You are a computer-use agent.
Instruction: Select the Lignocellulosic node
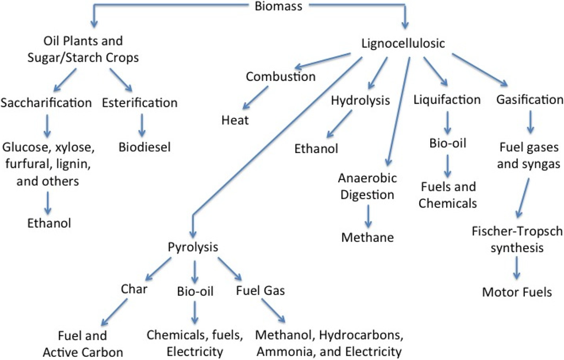403,43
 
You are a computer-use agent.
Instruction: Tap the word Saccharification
46,102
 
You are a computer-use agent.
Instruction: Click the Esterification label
140,102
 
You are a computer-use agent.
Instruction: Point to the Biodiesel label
144,147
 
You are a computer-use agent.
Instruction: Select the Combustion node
281,77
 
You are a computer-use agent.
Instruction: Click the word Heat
235,119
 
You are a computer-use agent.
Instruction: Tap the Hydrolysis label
360,100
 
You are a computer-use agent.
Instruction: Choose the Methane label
367,237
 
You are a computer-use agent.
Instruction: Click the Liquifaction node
447,100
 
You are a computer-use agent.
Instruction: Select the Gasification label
530,100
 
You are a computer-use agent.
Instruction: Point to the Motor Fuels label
517,292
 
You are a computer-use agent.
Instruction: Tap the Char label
134,289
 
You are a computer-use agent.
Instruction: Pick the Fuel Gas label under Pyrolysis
260,290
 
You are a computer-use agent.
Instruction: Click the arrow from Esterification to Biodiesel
142,125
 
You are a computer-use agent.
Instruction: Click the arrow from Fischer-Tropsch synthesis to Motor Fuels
517,268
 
